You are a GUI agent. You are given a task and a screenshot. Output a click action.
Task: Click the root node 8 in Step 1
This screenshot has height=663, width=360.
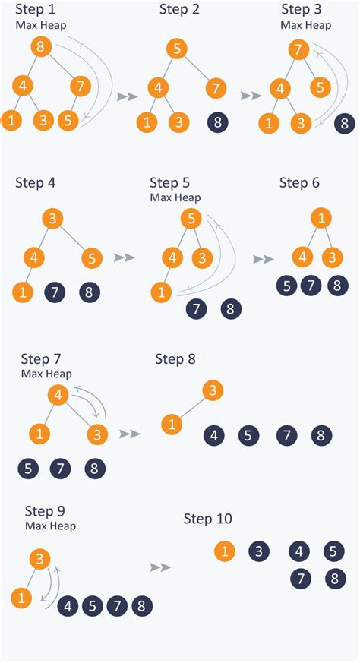(42, 47)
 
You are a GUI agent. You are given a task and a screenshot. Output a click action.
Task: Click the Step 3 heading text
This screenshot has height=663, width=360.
(305, 10)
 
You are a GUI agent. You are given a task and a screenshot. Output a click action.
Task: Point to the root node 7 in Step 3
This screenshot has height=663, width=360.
(298, 50)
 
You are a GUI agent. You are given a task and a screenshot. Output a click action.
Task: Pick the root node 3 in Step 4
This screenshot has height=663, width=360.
(52, 219)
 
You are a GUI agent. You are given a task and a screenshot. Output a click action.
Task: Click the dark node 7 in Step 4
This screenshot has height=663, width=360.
(55, 291)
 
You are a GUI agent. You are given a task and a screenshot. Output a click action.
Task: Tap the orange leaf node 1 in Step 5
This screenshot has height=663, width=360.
(161, 291)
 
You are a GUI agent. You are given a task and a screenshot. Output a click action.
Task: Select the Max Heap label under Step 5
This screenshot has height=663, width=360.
(175, 197)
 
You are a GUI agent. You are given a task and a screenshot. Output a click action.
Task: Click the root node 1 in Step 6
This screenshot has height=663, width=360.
(321, 219)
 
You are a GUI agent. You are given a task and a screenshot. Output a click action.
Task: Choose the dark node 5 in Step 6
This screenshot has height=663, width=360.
(286, 286)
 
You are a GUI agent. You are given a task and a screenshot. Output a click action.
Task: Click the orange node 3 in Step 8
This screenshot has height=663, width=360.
(213, 391)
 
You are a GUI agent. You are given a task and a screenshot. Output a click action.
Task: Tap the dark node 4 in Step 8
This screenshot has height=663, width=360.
(214, 435)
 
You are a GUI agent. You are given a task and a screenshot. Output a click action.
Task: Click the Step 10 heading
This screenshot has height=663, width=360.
(208, 519)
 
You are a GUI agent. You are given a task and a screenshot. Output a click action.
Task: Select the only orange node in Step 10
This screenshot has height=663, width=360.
(224, 551)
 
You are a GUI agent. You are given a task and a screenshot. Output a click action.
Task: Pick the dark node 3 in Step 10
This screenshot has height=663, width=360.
(259, 551)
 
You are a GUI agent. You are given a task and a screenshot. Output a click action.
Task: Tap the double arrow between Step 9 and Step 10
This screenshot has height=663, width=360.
(159, 567)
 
